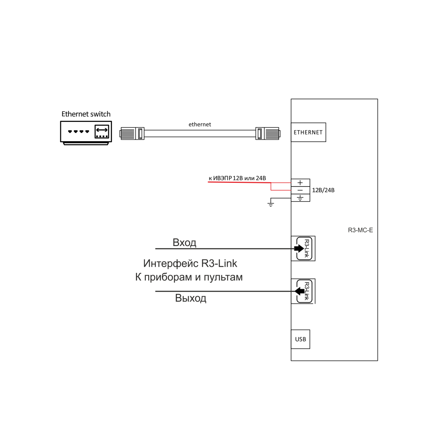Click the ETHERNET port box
308,132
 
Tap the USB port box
300,339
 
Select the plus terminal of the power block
300,182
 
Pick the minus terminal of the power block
300,190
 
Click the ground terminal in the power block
300,198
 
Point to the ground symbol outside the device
271,204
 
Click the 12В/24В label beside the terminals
323,190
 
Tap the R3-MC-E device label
361,230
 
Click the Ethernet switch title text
86,114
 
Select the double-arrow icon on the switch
102,130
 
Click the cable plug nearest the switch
132,133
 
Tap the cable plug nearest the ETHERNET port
268,133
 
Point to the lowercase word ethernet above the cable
200,125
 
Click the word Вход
184,242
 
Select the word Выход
191,298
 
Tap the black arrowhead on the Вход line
299,249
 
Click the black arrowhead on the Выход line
300,291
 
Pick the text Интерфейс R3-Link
190,264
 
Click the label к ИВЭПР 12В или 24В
237,178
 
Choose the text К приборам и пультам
189,277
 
